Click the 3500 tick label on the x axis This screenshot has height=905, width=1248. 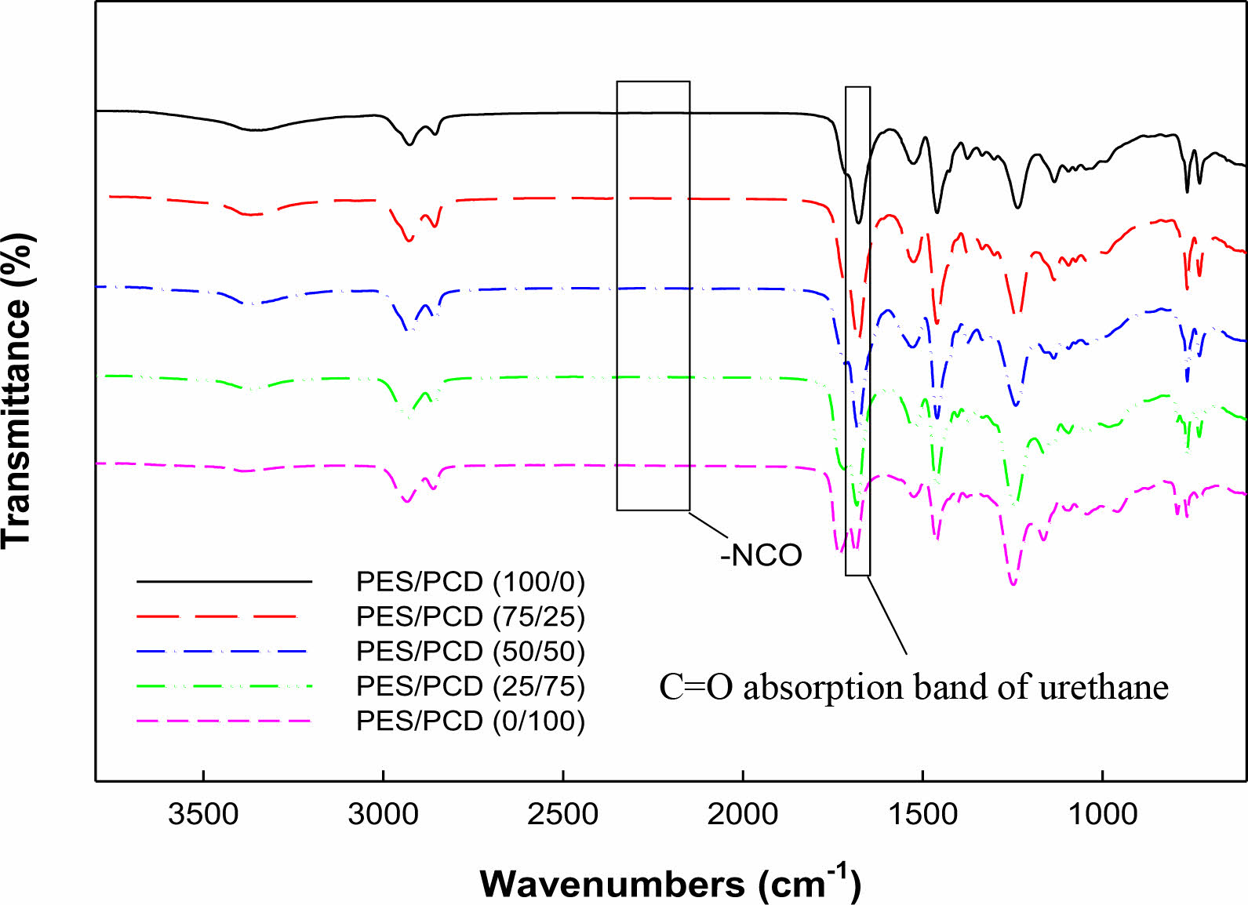(203, 813)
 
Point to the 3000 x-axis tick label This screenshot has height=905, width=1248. (383, 813)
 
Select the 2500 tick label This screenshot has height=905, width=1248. (562, 813)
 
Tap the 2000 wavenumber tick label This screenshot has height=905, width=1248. (742, 813)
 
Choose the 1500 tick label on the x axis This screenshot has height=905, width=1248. (922, 813)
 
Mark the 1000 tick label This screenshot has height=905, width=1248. (1102, 813)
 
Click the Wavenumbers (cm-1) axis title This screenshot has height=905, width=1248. (671, 883)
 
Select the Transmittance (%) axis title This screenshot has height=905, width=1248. (17, 391)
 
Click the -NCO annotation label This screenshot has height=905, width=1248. (761, 555)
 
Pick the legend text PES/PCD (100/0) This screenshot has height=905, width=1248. (471, 582)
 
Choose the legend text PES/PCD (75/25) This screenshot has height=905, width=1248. (471, 616)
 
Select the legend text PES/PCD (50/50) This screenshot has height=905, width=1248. (471, 651)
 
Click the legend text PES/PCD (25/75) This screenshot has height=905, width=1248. (471, 685)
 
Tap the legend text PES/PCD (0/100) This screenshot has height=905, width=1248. (471, 720)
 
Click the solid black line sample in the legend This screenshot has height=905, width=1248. (224, 582)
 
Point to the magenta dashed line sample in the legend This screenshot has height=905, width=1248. (224, 720)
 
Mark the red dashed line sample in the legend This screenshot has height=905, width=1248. (224, 616)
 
